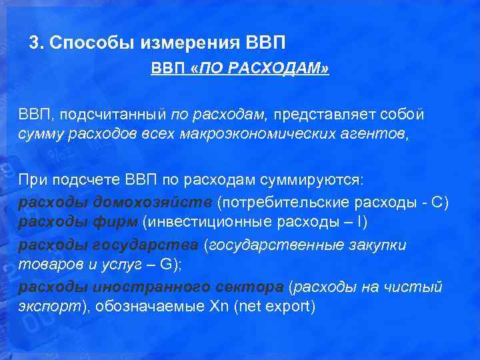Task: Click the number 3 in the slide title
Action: point(34,43)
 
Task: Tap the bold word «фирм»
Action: point(117,223)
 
